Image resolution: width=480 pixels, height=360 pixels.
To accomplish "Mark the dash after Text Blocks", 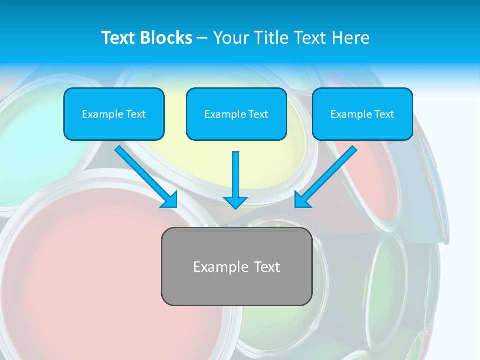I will click(202, 38).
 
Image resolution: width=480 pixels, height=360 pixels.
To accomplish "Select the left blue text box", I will click(114, 114).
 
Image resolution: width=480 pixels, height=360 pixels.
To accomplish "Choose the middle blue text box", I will click(236, 114).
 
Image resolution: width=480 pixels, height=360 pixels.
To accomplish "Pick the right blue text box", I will click(362, 114).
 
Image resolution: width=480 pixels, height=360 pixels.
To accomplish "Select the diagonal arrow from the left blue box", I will click(145, 175).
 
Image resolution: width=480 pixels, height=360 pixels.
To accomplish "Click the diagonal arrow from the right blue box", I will click(327, 176).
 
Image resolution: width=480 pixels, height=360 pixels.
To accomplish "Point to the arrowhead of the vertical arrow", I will click(235, 202).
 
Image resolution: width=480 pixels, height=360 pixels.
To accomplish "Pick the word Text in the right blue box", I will click(384, 114).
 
